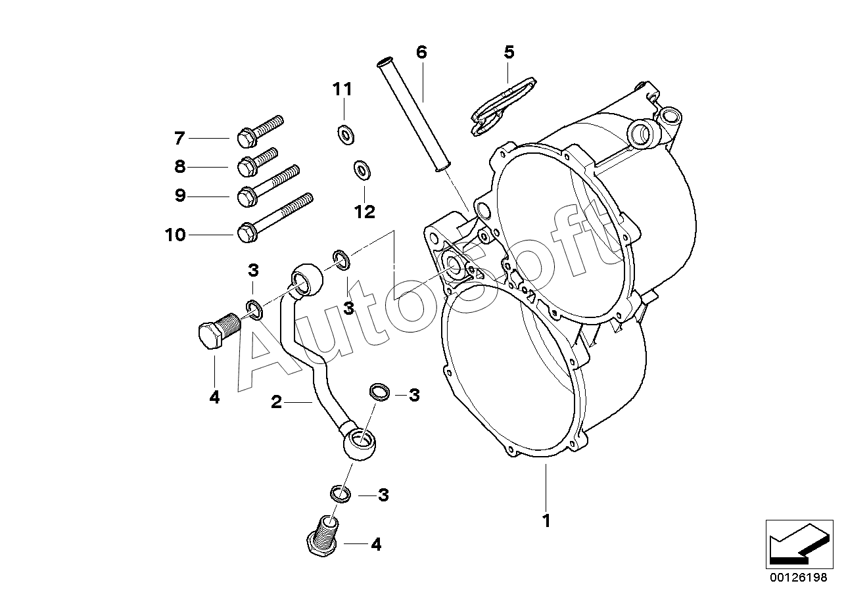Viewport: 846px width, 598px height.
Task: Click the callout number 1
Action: point(546,521)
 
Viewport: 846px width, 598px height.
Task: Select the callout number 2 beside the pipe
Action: point(276,402)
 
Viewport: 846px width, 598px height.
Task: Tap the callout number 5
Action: point(509,52)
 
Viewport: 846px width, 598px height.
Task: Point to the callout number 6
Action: point(421,52)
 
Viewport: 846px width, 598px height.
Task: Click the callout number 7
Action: point(179,138)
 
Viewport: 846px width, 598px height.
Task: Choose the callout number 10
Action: point(176,235)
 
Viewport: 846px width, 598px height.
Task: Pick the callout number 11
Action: point(342,89)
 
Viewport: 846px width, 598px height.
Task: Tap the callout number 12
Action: point(364,212)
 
